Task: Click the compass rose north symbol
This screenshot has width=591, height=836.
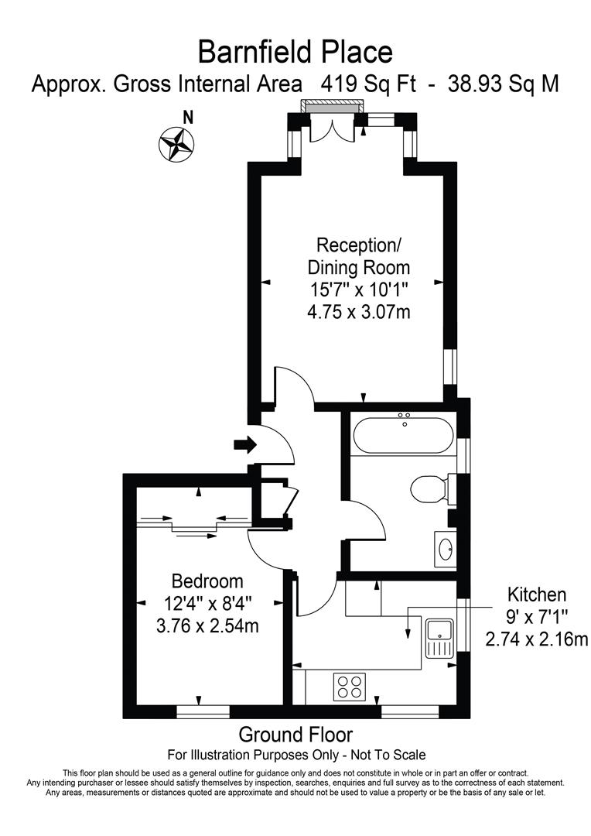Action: tap(176, 143)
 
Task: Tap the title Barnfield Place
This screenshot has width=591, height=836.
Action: tap(295, 53)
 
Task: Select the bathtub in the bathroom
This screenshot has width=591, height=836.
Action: tap(402, 434)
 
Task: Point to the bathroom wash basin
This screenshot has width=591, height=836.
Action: tap(446, 549)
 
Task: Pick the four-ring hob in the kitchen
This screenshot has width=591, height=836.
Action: tap(349, 687)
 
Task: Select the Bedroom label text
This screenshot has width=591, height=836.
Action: tap(207, 581)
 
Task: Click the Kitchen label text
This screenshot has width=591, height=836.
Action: tap(537, 594)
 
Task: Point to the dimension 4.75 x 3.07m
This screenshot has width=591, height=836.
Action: tap(359, 312)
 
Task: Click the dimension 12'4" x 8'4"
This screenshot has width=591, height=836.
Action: tap(207, 603)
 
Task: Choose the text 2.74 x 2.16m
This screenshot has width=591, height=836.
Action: tap(537, 639)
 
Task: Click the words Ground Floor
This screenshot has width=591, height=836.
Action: tap(295, 734)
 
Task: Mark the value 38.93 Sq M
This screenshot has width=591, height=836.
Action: tap(503, 84)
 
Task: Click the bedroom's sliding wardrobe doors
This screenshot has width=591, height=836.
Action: tap(193, 525)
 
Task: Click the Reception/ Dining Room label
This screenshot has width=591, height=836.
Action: tap(359, 256)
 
